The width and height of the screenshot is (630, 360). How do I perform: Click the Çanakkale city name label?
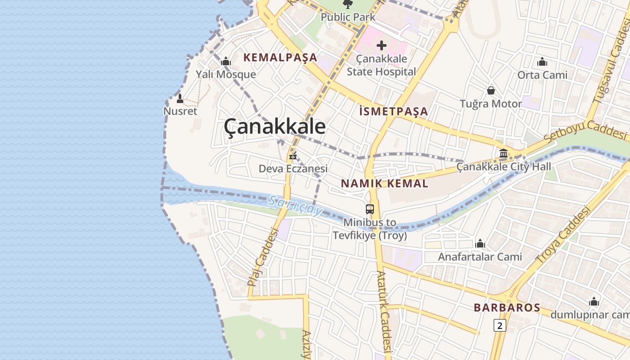274,126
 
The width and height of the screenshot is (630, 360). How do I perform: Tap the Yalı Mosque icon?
226,61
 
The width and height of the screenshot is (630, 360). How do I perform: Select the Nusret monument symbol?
180,99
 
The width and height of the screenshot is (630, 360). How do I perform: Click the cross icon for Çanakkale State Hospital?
382,45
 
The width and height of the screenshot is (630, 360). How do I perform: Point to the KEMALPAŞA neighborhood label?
280,58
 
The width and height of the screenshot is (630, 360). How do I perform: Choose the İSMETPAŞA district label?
394,111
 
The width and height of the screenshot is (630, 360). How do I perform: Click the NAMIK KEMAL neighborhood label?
384,183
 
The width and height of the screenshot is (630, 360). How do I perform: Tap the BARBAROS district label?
507,308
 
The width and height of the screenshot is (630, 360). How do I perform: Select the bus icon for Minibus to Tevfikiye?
369,209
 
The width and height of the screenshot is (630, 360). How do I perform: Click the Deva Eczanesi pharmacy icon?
293,156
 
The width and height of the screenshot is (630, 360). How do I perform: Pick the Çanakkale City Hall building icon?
504,154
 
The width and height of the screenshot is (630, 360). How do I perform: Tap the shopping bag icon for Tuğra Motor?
491,90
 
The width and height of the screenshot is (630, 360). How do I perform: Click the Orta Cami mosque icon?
542,62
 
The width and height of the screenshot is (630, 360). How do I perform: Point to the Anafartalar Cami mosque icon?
480,244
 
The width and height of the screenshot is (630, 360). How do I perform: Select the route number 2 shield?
499,325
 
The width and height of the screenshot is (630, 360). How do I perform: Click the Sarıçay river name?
295,205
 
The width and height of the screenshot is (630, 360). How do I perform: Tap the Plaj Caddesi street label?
261,257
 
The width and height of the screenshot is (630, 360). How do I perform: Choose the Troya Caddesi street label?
562,235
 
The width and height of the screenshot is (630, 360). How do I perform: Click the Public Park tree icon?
347,4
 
